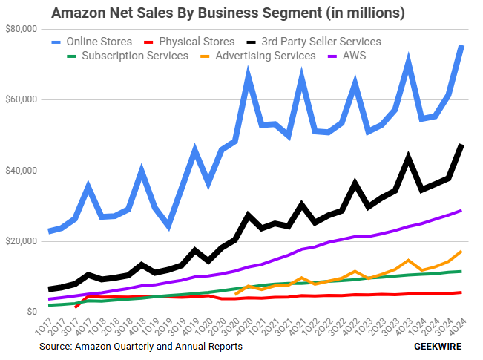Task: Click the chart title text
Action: [228, 13]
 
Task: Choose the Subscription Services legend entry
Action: [129, 56]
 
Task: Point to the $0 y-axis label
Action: [30, 312]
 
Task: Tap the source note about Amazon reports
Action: [141, 346]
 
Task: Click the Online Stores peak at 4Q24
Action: [461, 46]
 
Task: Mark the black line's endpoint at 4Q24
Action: [461, 145]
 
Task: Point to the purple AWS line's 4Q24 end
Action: [461, 210]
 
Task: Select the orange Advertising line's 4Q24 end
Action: [461, 252]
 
